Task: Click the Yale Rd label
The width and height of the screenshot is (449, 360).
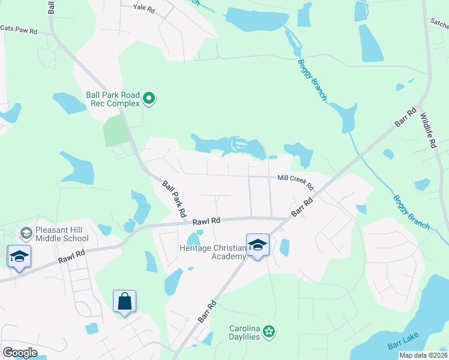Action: [145, 8]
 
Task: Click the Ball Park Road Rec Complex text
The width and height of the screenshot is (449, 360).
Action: [113, 99]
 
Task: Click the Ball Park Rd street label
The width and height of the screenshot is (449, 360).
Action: [174, 199]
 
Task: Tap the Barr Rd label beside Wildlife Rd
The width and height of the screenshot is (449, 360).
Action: [406, 117]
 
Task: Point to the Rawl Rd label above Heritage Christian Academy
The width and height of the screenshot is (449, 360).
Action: [206, 221]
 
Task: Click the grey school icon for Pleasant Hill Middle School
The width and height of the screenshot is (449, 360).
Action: [26, 232]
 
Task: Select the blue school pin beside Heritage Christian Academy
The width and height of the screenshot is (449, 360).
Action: [258, 245]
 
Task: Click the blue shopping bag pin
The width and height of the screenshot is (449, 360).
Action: [124, 301]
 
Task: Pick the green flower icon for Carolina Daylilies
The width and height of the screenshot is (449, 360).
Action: [270, 331]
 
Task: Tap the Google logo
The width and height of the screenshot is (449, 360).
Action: [20, 353]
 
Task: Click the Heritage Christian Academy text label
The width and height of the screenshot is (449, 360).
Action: [213, 252]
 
